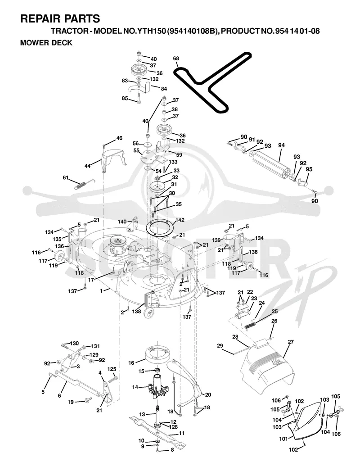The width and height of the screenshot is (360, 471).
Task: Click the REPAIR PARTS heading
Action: (x=60, y=18)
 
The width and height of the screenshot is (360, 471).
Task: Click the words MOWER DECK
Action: (x=46, y=43)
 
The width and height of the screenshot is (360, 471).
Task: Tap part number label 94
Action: (x=281, y=145)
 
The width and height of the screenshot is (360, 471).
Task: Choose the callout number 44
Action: (x=87, y=166)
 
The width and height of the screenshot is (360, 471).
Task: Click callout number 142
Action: (x=180, y=220)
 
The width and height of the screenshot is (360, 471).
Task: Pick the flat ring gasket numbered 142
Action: (x=160, y=227)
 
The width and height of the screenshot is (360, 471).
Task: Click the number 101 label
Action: (x=283, y=439)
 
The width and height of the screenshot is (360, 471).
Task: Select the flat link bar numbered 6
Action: (x=77, y=383)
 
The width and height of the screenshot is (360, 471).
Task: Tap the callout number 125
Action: (x=112, y=369)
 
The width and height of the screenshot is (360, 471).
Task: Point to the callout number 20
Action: (x=208, y=395)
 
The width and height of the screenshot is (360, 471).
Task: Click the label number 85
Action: (x=125, y=98)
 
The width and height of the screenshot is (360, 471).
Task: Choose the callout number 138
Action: (x=137, y=312)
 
